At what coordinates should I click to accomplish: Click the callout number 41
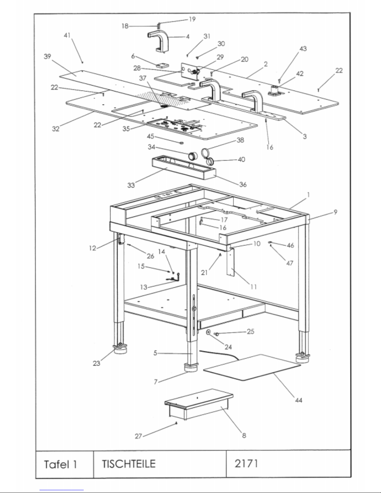(67, 35)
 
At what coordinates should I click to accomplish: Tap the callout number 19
(192, 19)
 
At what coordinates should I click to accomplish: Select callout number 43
(303, 49)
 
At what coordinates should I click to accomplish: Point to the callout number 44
(299, 400)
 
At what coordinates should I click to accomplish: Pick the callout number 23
(96, 363)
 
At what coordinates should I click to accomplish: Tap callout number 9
(335, 212)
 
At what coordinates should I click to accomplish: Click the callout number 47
(290, 263)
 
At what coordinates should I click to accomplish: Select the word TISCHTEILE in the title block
(129, 464)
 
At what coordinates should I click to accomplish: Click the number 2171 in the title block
(246, 463)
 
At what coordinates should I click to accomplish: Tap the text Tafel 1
(61, 464)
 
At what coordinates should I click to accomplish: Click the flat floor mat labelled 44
(252, 367)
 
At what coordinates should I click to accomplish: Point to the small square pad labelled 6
(162, 66)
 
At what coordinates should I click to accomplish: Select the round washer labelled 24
(208, 333)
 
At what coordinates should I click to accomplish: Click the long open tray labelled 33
(184, 167)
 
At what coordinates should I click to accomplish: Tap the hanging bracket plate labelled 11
(231, 262)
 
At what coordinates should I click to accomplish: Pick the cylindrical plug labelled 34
(193, 156)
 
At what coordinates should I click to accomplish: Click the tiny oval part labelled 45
(181, 143)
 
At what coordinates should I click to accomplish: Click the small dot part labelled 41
(82, 62)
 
